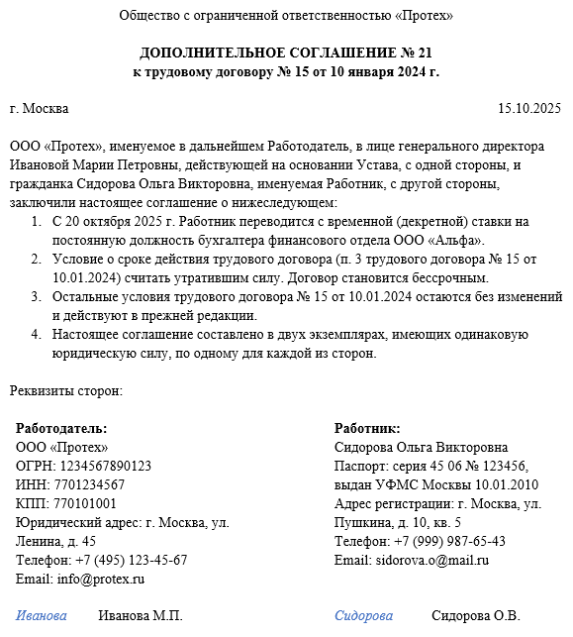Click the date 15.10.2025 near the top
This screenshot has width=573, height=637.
click(528, 109)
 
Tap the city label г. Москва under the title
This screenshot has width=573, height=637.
click(40, 109)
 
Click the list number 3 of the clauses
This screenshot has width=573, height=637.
click(36, 297)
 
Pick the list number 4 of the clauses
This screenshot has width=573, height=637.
click(36, 335)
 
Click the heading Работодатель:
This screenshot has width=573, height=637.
click(61, 429)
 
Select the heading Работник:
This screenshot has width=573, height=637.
click(367, 429)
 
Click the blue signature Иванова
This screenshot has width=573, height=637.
click(42, 616)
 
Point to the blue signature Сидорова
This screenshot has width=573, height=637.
click(363, 616)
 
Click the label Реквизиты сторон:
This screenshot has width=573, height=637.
click(66, 390)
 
